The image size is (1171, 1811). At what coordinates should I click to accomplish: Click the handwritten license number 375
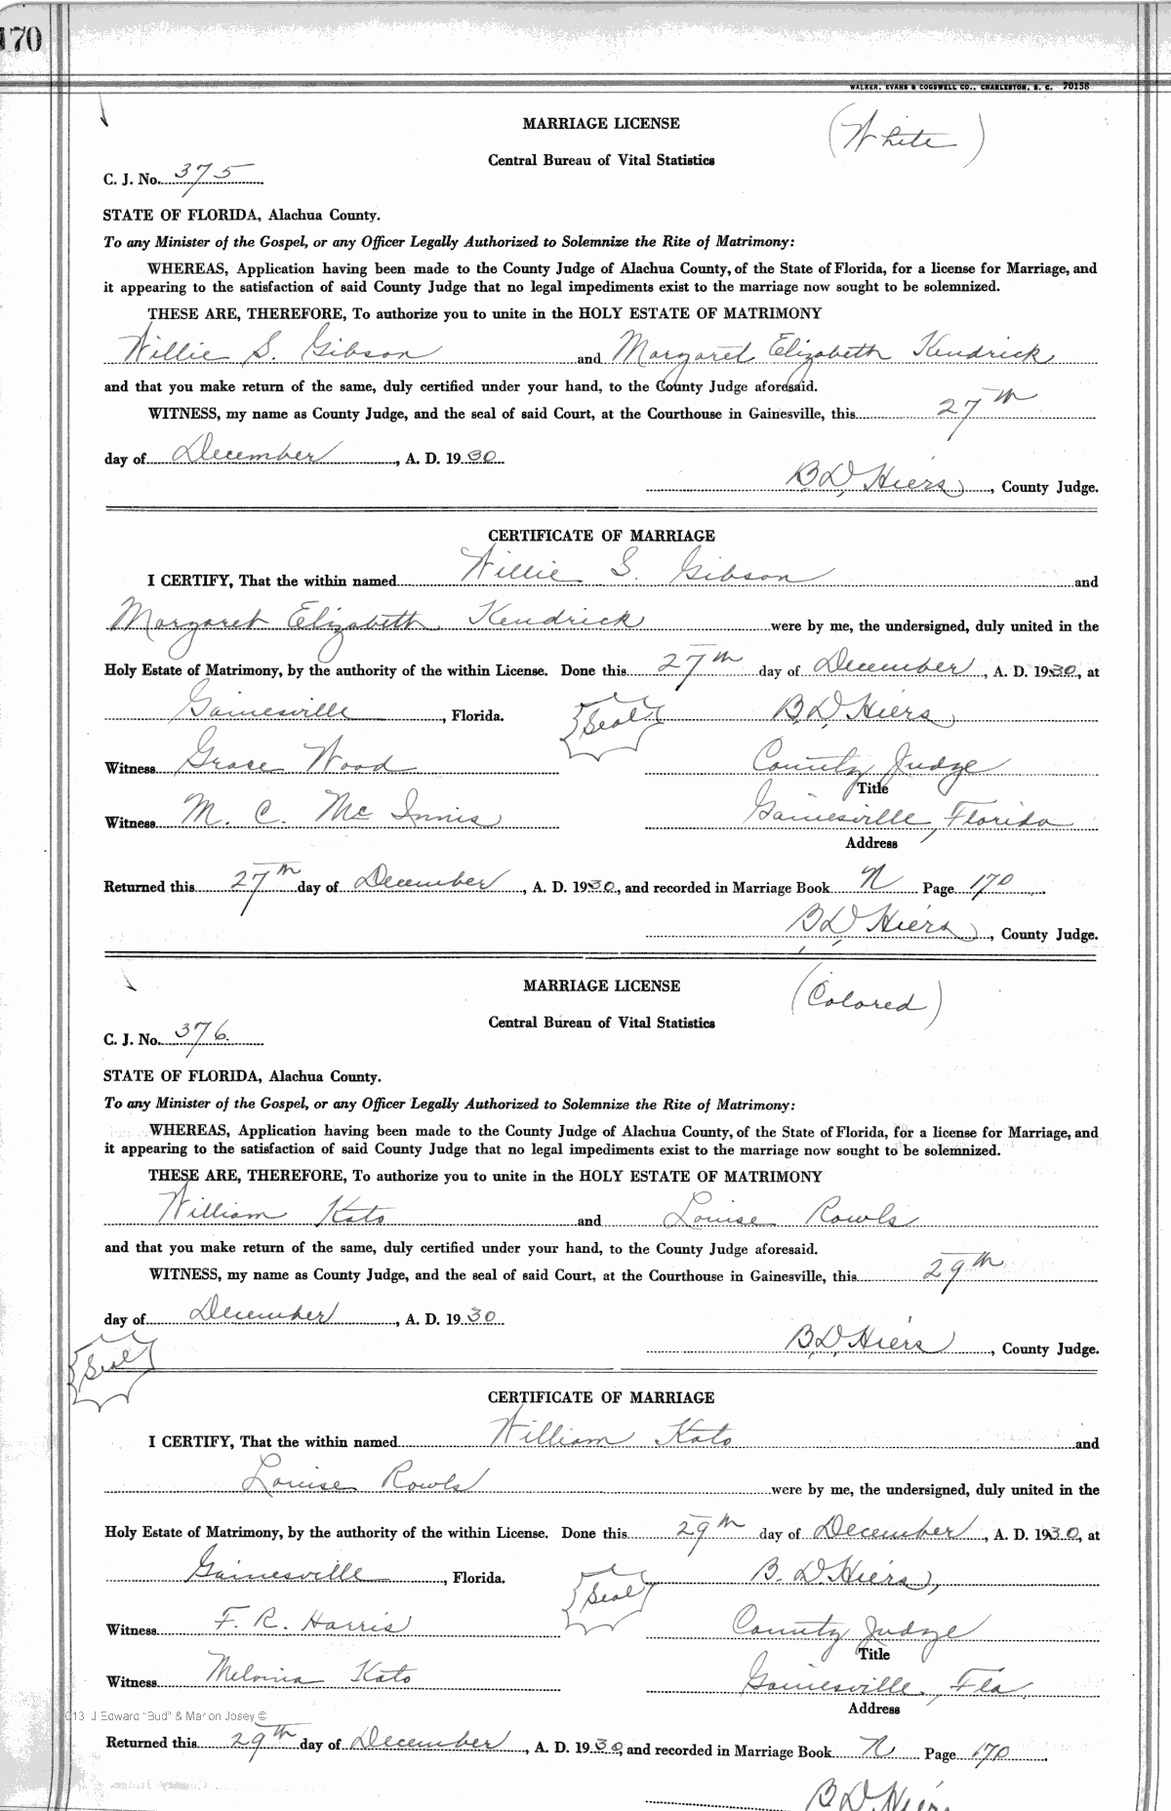click(201, 172)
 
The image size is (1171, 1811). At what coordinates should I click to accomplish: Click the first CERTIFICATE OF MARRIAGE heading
click(600, 536)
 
